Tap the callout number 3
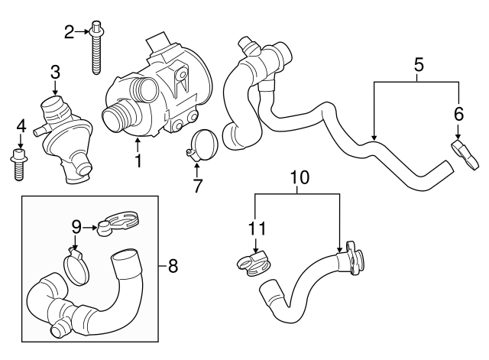[55, 73]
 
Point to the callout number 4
[21, 125]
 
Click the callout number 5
[418, 65]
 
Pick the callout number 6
[458, 113]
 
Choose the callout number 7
[198, 184]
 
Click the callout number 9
[76, 226]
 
